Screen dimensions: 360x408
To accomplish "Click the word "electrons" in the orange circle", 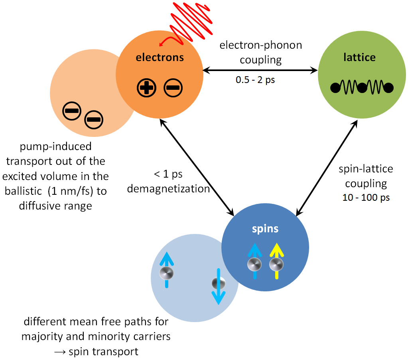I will (x=160, y=57).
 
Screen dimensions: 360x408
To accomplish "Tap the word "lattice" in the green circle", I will (x=359, y=57).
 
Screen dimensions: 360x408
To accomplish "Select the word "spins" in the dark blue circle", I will (x=265, y=229).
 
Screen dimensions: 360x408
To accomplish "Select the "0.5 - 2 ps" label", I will (x=255, y=80).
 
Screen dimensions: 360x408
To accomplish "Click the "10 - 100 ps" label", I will (x=366, y=198).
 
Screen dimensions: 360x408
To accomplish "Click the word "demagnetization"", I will (x=168, y=188).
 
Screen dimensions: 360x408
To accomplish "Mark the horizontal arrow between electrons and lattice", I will (x=260, y=71).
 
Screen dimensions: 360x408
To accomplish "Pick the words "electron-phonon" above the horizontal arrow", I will (x=260, y=45).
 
